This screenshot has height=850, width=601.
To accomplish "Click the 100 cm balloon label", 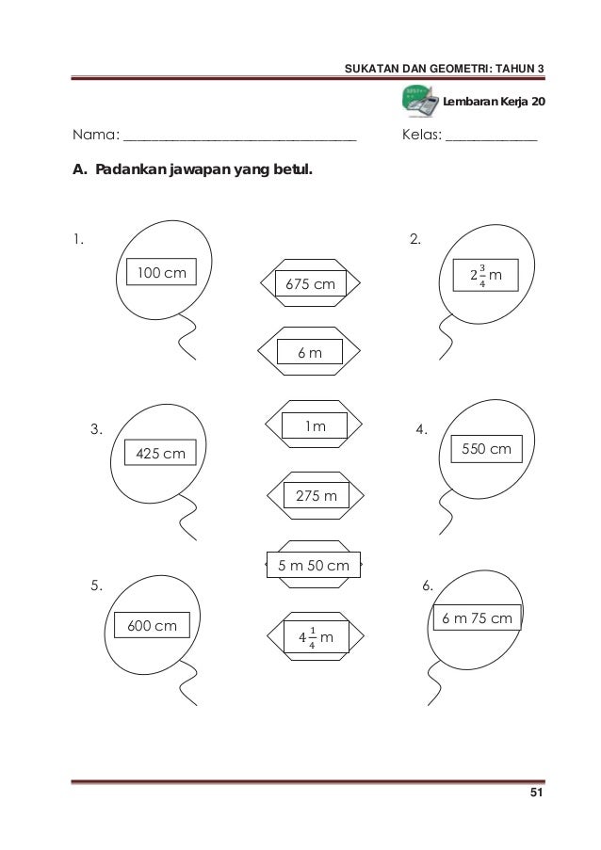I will click(162, 274).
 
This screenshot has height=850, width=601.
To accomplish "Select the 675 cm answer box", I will click(310, 283).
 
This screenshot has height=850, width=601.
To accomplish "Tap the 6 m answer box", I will click(310, 352).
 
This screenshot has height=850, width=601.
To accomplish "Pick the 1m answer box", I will click(314, 427).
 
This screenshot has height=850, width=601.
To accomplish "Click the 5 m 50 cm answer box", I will click(314, 566).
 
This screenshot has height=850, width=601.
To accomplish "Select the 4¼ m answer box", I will click(317, 639).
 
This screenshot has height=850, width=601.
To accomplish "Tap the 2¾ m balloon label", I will click(485, 275).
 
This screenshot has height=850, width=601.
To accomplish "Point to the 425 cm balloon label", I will click(161, 455).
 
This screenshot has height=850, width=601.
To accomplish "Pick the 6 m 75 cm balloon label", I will click(477, 618).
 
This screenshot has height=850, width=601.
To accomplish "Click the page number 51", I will click(536, 797).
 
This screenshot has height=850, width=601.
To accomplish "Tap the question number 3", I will click(95, 430).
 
